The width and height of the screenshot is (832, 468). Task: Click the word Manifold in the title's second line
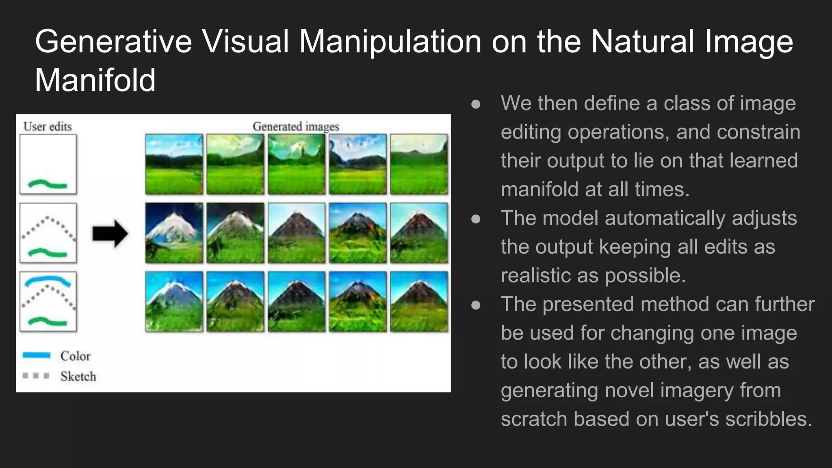[x=95, y=80]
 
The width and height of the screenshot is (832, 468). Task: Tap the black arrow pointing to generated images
[x=110, y=234]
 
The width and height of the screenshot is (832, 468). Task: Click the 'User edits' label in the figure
[x=48, y=126]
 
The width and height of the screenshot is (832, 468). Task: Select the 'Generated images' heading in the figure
[x=295, y=126]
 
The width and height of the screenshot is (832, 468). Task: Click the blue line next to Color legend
[x=37, y=355]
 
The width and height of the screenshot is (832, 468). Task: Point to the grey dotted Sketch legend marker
[x=36, y=376]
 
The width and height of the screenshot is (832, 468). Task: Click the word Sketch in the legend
[x=78, y=377]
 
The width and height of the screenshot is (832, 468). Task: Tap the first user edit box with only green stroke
[x=48, y=164]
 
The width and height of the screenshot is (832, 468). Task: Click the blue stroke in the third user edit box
[x=48, y=280]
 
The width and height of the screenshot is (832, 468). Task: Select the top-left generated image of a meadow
[x=174, y=164]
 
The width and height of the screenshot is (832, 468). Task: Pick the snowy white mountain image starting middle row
[x=174, y=233]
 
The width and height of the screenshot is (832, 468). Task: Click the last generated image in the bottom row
[x=419, y=301]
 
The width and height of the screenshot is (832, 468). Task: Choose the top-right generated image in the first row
[x=419, y=164]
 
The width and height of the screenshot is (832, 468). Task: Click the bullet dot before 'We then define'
[x=476, y=104]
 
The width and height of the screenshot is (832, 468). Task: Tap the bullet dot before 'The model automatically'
[x=476, y=219]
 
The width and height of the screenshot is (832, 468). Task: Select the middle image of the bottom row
[x=296, y=301]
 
